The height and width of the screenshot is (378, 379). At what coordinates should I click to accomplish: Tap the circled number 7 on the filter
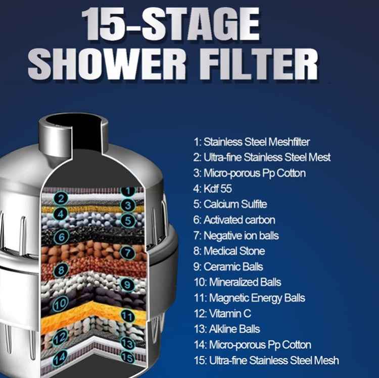pyautogui.click(x=128, y=252)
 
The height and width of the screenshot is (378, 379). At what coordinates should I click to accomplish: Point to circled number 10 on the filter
pyautogui.click(x=61, y=304)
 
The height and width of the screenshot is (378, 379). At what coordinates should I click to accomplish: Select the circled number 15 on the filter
pyautogui.click(x=128, y=358)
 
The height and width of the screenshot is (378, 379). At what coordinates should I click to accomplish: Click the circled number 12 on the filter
pyautogui.click(x=61, y=337)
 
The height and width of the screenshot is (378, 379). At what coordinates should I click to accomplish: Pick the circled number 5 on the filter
pyautogui.click(x=128, y=221)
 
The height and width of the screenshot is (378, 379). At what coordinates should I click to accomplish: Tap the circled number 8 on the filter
pyautogui.click(x=61, y=270)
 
